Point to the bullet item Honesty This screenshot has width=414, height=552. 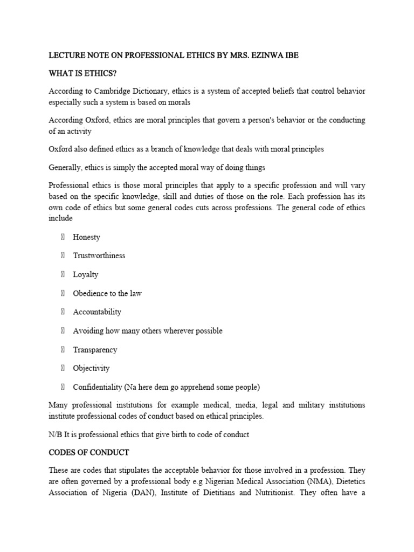click(86, 237)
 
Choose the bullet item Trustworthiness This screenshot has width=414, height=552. click(99, 256)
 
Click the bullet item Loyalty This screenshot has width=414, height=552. click(86, 274)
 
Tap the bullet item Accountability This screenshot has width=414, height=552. click(97, 312)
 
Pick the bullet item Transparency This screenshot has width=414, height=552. click(95, 349)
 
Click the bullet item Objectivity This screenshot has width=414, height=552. click(91, 368)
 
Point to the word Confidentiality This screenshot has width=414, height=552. click(98, 387)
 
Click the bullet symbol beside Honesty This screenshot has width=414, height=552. click(63, 237)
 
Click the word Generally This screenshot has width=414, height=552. click(67, 167)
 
